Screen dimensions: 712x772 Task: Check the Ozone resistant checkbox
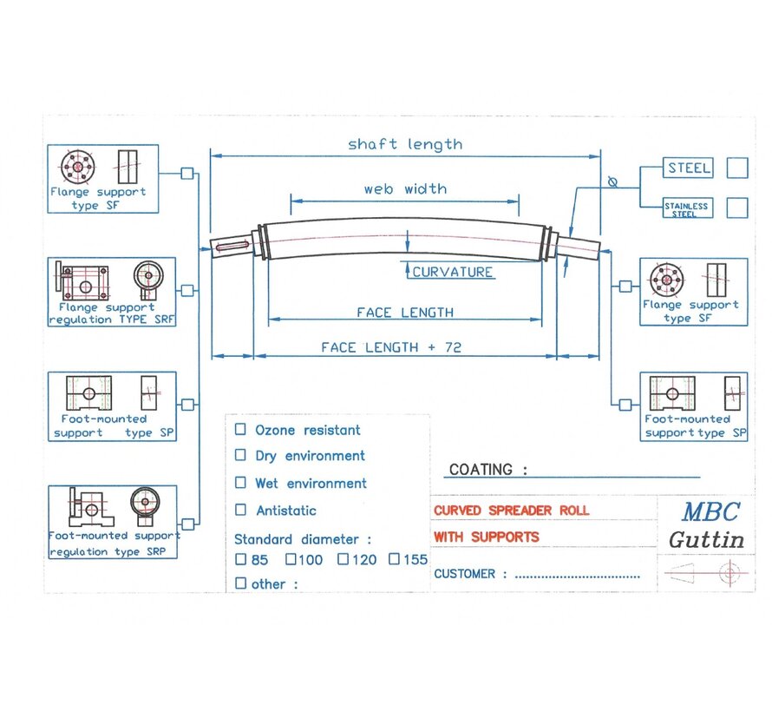click(x=240, y=429)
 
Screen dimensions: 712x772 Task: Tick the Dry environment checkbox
click(x=240, y=455)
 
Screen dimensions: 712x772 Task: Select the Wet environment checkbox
click(x=240, y=483)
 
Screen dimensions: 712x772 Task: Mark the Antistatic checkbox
click(x=240, y=511)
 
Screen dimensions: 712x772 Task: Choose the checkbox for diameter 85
click(x=240, y=559)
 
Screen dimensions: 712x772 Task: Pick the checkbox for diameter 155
click(x=394, y=559)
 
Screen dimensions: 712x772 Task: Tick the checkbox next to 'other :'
click(x=240, y=583)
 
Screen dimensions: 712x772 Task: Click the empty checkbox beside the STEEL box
click(x=736, y=168)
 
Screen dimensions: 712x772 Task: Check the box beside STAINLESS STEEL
click(x=736, y=208)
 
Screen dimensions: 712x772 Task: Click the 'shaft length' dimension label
click(x=405, y=144)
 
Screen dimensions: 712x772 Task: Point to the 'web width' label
click(x=405, y=188)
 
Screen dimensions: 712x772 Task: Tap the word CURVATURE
click(x=452, y=272)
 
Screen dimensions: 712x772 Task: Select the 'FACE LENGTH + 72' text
click(x=391, y=347)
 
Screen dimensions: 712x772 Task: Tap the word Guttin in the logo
click(x=706, y=539)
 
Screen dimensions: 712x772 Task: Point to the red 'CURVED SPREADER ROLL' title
click(x=511, y=511)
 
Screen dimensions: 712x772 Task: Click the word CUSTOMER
click(x=465, y=574)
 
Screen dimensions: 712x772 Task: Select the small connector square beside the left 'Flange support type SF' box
click(x=186, y=173)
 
